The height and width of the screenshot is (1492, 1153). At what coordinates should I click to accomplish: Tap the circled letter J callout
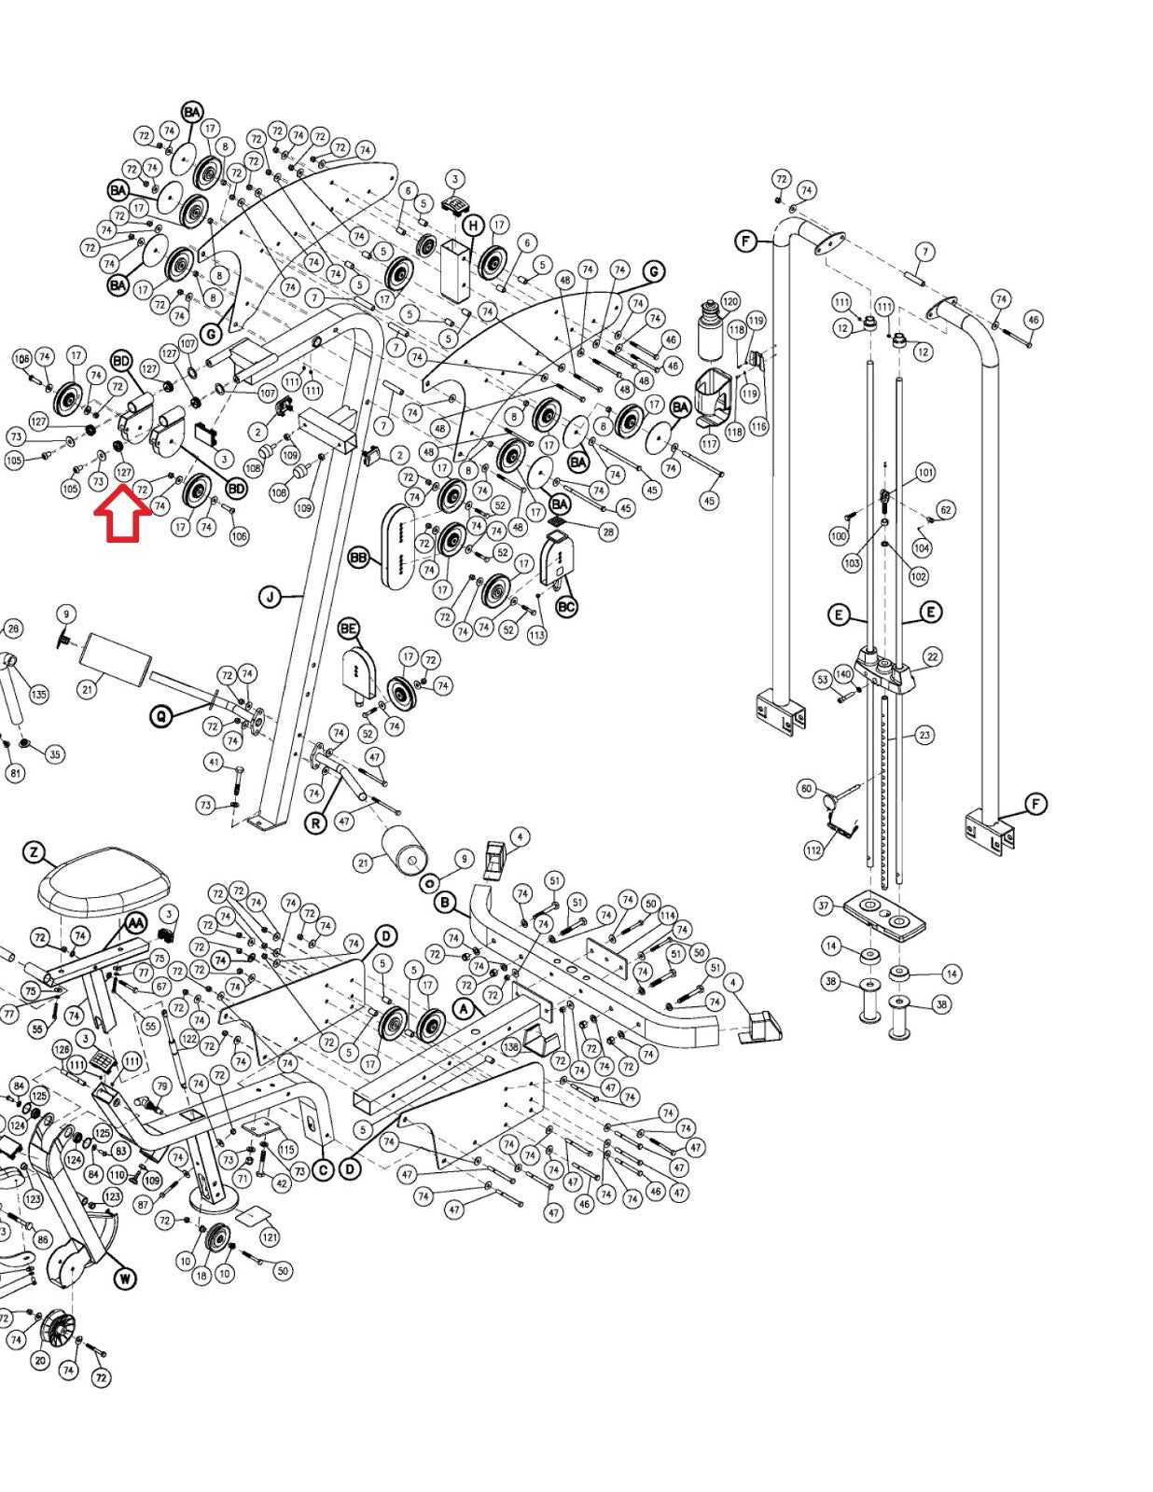click(270, 597)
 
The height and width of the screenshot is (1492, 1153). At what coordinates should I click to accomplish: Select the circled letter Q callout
click(161, 716)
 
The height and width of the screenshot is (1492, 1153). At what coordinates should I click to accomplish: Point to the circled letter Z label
click(35, 852)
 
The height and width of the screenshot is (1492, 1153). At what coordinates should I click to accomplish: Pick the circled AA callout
click(136, 923)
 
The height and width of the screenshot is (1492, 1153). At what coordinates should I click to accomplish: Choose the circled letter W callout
click(125, 1278)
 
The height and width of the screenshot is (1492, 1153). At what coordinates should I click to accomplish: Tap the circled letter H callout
click(473, 226)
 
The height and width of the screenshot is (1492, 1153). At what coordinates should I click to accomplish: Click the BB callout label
click(358, 558)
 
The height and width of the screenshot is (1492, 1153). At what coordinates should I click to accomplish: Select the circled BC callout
click(566, 607)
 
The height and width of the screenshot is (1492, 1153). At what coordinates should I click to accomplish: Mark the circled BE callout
click(349, 629)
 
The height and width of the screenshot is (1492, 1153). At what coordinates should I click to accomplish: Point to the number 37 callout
click(823, 905)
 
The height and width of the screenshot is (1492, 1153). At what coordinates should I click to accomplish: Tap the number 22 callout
click(932, 657)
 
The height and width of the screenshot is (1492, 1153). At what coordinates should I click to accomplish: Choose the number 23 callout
click(924, 735)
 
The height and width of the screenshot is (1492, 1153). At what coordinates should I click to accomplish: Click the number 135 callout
click(38, 695)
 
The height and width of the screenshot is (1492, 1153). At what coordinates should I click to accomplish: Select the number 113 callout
click(536, 636)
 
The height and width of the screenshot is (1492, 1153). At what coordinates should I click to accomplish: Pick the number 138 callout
click(510, 1047)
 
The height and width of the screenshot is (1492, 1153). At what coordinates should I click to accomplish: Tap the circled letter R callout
click(316, 823)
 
